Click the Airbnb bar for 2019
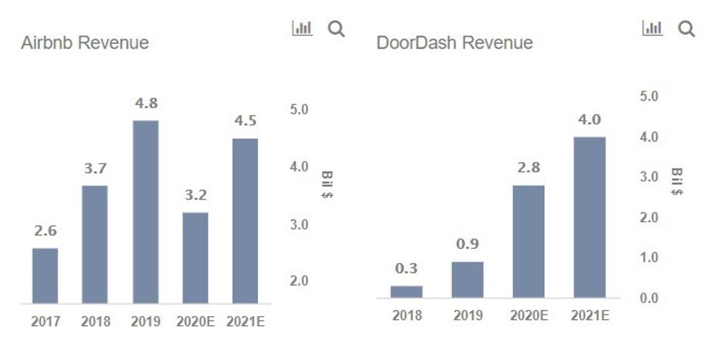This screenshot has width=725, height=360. pyautogui.click(x=145, y=212)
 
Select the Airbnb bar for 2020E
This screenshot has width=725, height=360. pyautogui.click(x=195, y=258)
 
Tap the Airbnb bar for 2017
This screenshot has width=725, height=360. pyautogui.click(x=45, y=275)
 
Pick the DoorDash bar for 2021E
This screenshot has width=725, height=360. pyautogui.click(x=590, y=217)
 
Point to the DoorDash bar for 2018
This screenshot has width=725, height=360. pyautogui.click(x=406, y=291)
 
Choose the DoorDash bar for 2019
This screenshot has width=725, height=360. pyautogui.click(x=467, y=279)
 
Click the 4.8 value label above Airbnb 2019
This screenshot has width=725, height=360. pyautogui.click(x=145, y=104)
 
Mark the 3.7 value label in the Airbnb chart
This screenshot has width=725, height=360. pyautogui.click(x=95, y=169)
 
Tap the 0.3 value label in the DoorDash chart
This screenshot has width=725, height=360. pyautogui.click(x=406, y=268)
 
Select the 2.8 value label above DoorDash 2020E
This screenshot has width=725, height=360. pyautogui.click(x=528, y=168)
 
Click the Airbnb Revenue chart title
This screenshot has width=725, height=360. pyautogui.click(x=85, y=43)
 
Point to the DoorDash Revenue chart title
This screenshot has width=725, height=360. pyautogui.click(x=454, y=43)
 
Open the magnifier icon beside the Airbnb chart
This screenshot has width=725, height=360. pyautogui.click(x=336, y=29)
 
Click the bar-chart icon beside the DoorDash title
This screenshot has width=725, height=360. pyautogui.click(x=652, y=29)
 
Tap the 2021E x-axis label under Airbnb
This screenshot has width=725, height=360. pyautogui.click(x=246, y=321)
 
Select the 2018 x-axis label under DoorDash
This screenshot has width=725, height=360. pyautogui.click(x=407, y=315)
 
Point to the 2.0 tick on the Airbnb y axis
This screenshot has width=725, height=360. pyautogui.click(x=300, y=281)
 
